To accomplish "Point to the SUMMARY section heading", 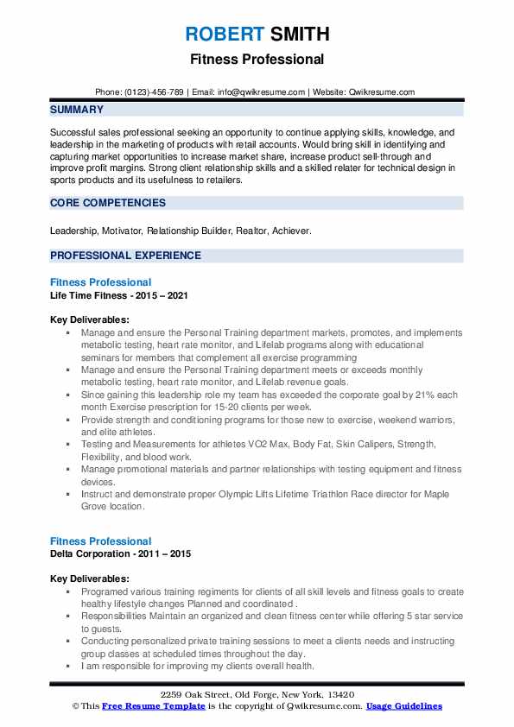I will [x=77, y=110].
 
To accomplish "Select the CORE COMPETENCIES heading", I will [x=108, y=203].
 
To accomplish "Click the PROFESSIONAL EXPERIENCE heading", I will [x=125, y=256].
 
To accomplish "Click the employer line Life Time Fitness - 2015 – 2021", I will [x=119, y=295].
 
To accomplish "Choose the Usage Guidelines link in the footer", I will [x=404, y=705].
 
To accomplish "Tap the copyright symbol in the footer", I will [x=76, y=705].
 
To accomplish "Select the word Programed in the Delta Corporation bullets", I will [x=105, y=592].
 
